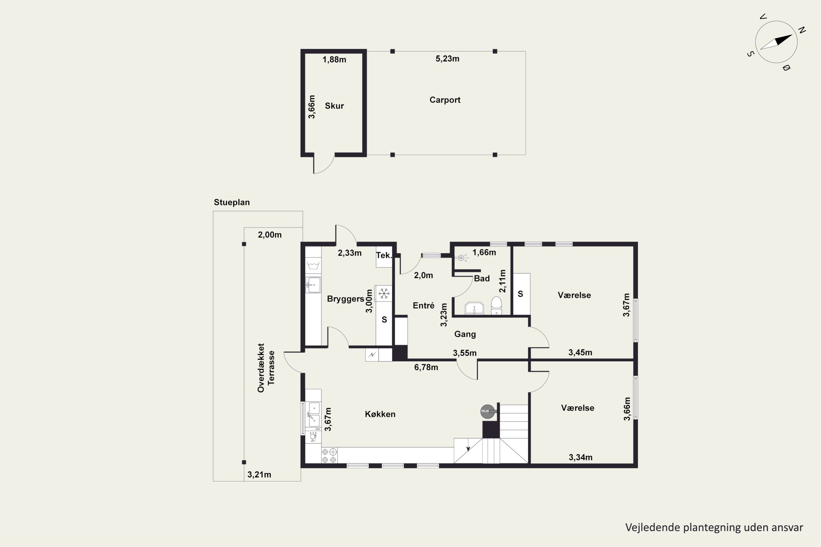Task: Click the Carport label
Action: tap(445, 100)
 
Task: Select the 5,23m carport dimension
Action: tap(447, 59)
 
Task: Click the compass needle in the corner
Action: tap(776, 42)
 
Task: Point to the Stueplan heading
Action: tap(232, 202)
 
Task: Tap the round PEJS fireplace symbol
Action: tap(488, 412)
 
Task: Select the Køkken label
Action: tap(380, 414)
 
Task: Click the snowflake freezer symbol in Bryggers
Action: tap(384, 293)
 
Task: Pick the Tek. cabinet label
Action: tap(384, 255)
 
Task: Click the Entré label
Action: tap(423, 305)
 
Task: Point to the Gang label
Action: tap(465, 334)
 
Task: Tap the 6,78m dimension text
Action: tap(426, 367)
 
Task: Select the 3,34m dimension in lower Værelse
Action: tap(580, 457)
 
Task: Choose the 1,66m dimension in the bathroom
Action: tap(484, 252)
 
